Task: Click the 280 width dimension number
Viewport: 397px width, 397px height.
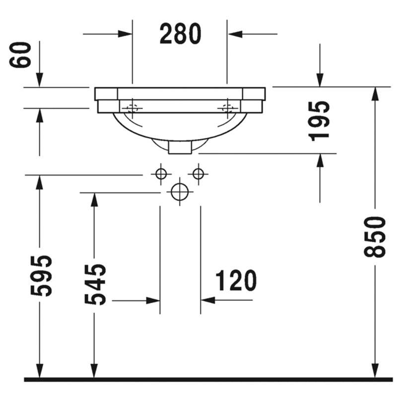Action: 180,33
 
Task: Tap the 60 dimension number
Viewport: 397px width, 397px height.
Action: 20,55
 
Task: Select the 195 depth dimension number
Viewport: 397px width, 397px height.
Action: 319,121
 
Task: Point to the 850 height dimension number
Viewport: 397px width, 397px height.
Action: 375,237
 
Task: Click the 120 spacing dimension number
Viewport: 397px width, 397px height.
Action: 236,280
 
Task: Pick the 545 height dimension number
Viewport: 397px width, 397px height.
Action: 95,284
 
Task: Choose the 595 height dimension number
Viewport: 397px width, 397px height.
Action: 41,276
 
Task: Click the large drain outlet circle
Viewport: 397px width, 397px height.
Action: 180,192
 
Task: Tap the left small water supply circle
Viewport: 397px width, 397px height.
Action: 161,174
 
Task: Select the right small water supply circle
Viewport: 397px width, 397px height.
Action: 198,174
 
